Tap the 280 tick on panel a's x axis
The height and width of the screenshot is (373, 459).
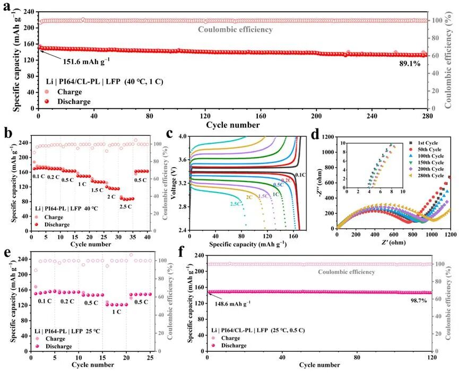(x=412, y=116)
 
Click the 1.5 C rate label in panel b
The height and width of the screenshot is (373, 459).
(x=97, y=190)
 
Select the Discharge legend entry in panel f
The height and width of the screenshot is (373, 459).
(x=232, y=345)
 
